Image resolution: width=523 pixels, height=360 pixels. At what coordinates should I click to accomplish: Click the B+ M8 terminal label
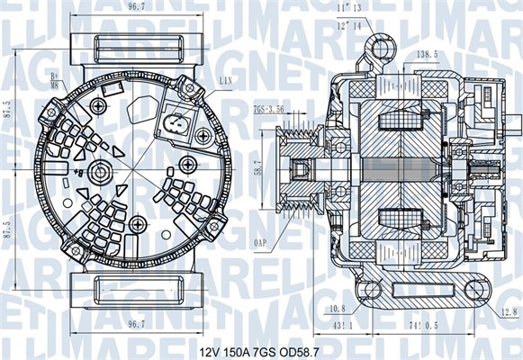[55, 82]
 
